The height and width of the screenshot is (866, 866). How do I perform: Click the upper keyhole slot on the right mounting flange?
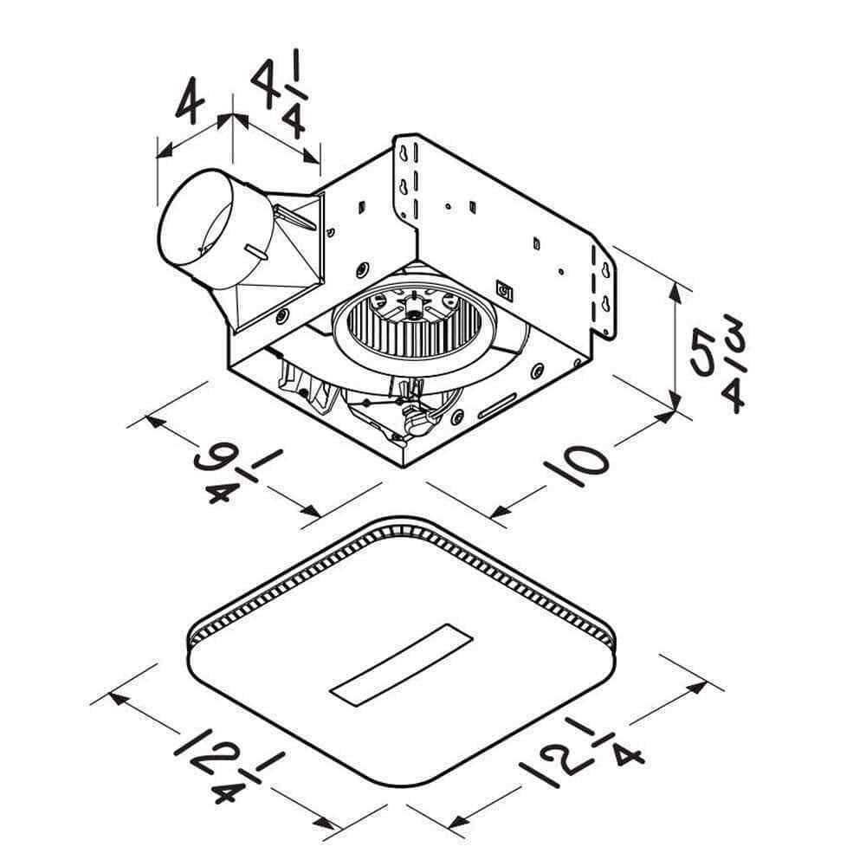tap(605, 274)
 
